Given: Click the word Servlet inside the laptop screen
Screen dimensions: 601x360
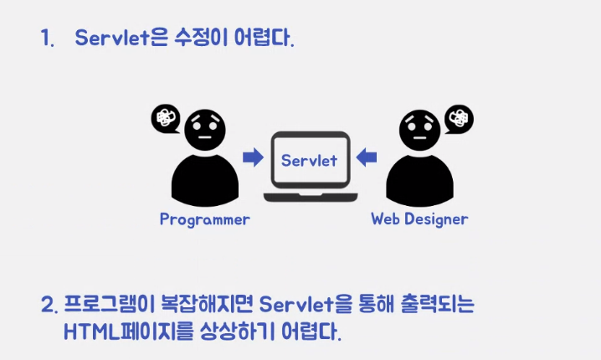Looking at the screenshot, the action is [309, 159].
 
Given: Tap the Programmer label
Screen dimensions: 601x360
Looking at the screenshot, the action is [204, 220].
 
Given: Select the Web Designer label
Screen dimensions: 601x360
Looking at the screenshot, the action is [419, 219].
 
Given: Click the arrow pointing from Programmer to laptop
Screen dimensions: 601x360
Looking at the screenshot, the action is [252, 157].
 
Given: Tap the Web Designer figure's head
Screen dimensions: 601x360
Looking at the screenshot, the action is [420, 129].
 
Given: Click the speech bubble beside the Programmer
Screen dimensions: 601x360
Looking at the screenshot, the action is [165, 119].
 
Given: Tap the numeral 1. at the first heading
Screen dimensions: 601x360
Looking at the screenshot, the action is [47, 39].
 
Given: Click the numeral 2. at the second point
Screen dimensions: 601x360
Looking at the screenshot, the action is [48, 303].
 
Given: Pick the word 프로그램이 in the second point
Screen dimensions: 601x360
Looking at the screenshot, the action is [108, 303].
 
